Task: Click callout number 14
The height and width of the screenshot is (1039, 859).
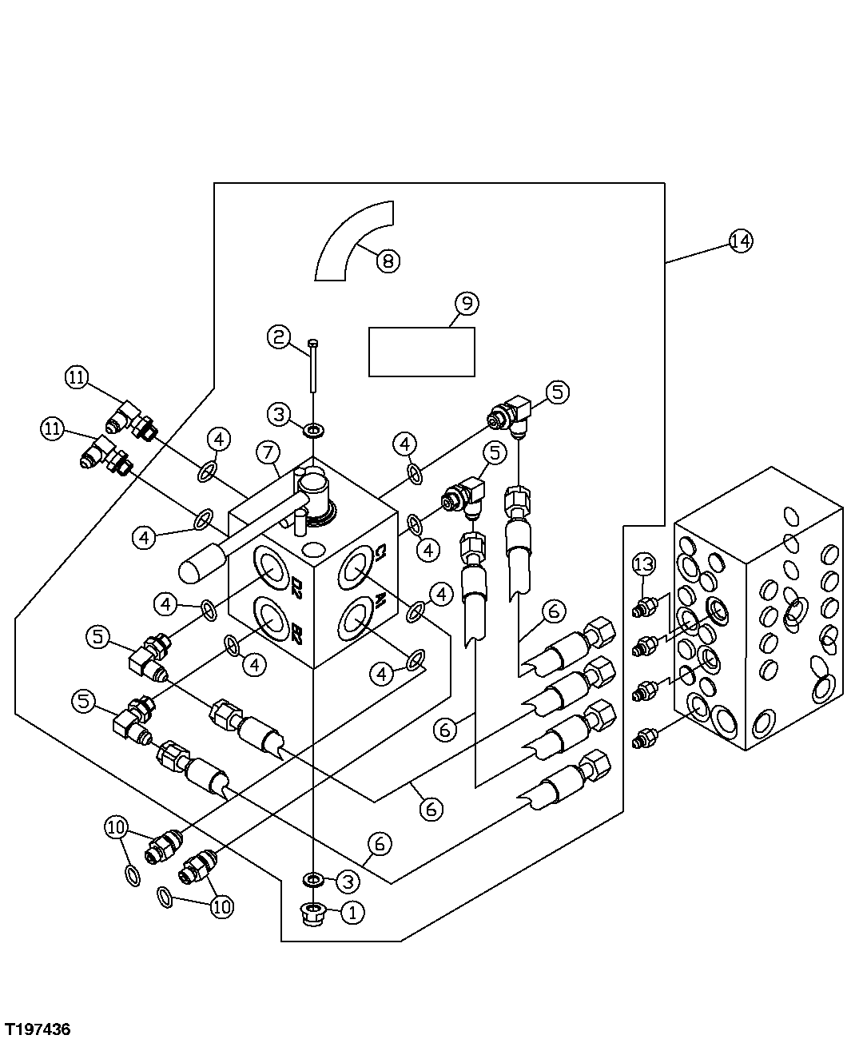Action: pyautogui.click(x=741, y=241)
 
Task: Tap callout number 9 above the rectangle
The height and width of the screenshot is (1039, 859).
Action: pyautogui.click(x=467, y=304)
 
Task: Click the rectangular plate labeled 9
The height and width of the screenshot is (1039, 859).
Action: pyautogui.click(x=421, y=352)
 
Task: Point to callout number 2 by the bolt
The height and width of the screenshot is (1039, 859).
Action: pyautogui.click(x=279, y=337)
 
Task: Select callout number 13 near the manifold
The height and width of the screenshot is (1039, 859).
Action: pyautogui.click(x=644, y=565)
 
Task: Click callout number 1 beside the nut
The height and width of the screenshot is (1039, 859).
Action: pyautogui.click(x=352, y=913)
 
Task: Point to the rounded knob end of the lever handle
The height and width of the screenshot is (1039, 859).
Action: pyautogui.click(x=194, y=569)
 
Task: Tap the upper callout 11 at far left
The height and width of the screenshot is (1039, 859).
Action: pyautogui.click(x=76, y=378)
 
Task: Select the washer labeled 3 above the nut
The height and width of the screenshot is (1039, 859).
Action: pyautogui.click(x=312, y=880)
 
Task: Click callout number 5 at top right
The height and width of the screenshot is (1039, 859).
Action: pyautogui.click(x=558, y=392)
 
